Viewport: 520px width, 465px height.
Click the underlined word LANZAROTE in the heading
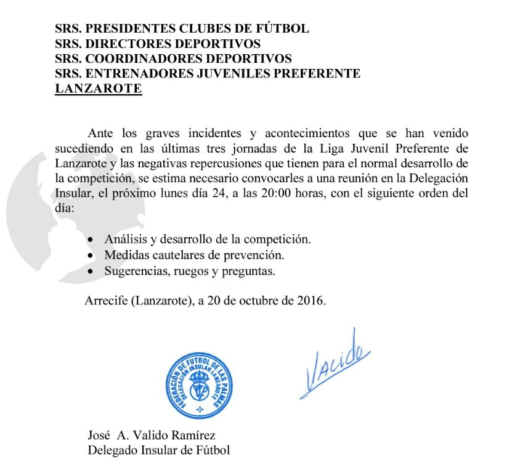coord(99,89)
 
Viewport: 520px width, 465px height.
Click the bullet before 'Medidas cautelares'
coord(92,255)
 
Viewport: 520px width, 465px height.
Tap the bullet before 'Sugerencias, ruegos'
coord(92,271)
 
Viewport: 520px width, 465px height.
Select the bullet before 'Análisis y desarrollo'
coord(92,239)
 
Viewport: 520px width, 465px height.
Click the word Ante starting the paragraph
coord(100,133)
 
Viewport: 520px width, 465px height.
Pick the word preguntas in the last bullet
coord(251,271)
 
